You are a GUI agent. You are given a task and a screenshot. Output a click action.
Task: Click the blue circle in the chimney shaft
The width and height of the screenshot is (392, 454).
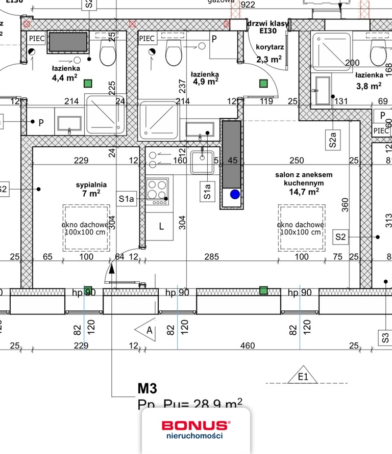pos(234,194)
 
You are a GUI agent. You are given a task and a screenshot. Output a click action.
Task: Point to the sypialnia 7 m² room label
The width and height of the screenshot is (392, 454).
pos(88,189)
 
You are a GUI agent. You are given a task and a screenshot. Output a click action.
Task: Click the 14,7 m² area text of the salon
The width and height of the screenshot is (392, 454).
pos(304,192)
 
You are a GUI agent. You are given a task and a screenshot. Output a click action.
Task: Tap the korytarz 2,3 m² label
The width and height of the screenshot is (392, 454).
pos(269,53)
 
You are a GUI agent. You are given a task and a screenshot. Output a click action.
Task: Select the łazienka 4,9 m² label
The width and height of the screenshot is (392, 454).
pos(205,77)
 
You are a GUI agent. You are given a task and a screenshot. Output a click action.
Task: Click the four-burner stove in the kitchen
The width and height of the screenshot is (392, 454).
pos(157,192)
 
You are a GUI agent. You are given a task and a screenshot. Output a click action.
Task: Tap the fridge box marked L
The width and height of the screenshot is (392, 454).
pos(161,227)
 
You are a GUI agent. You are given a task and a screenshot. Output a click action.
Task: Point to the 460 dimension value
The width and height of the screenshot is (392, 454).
pos(248,346)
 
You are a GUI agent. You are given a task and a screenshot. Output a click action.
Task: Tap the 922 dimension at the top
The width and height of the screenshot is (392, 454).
pos(247,5)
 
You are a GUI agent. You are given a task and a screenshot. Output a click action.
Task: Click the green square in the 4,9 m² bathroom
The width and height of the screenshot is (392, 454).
pos(264,84)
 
